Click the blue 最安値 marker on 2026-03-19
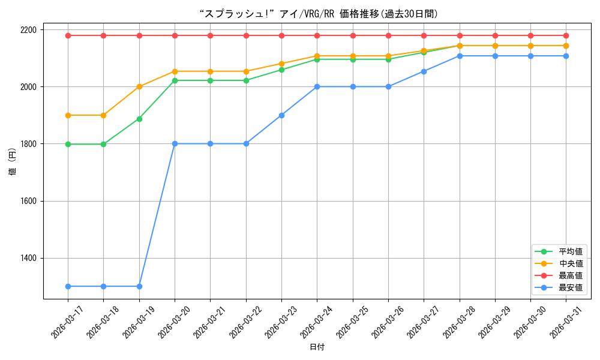139,287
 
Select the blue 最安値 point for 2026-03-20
175,144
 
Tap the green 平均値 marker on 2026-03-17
68,144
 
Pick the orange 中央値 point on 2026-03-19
139,87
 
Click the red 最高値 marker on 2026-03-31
566,35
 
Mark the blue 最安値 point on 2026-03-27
424,71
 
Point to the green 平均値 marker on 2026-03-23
281,70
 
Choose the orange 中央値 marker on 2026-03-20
175,71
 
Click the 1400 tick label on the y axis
28,258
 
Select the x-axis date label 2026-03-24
316,322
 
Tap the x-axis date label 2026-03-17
67,322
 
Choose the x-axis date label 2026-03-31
565,322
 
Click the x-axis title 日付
317,347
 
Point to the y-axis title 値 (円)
13,161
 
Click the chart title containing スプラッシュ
319,14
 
